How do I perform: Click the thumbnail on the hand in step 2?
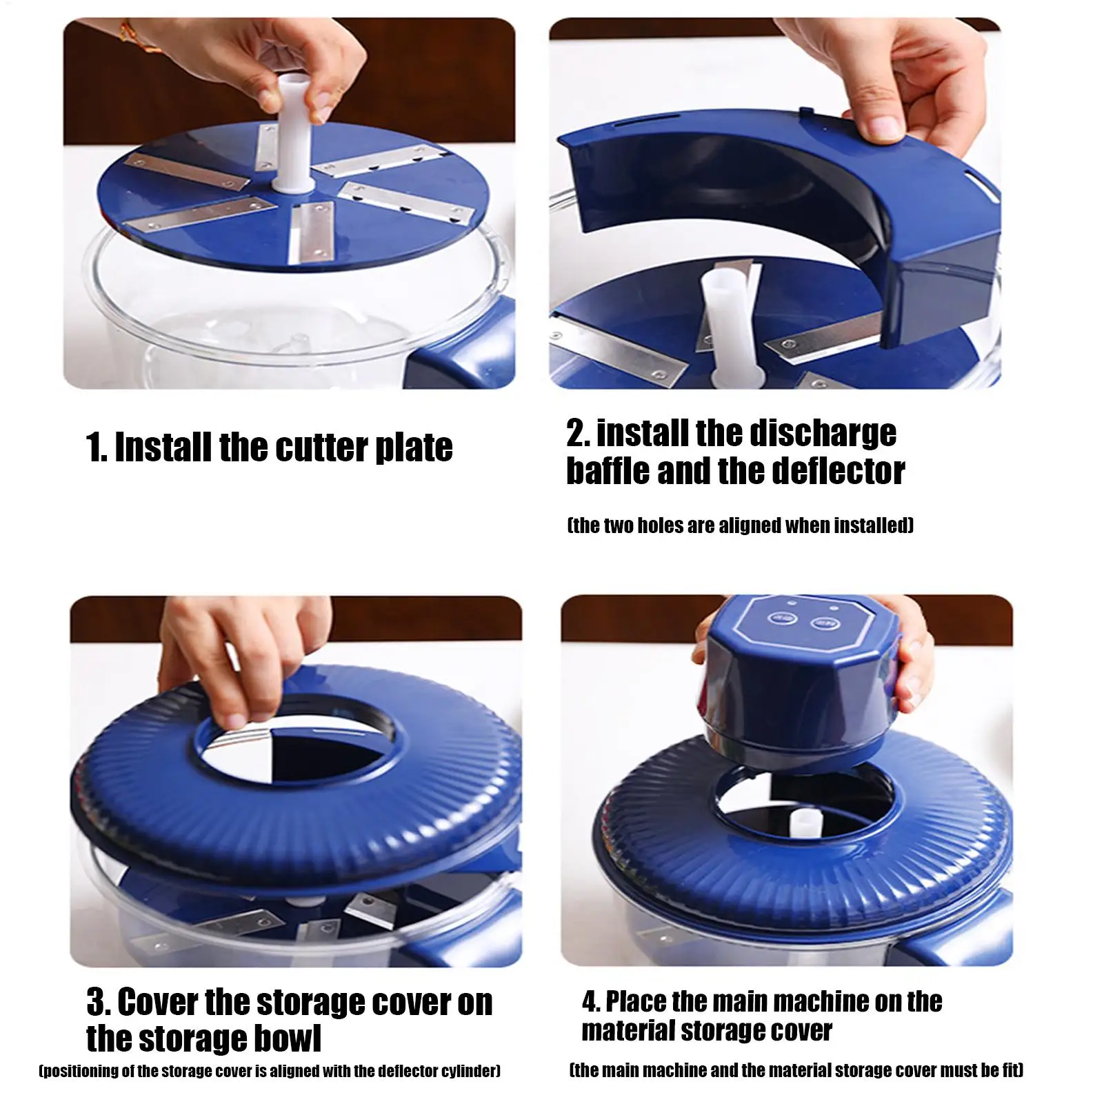(881, 126)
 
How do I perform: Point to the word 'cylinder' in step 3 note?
(467, 1072)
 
